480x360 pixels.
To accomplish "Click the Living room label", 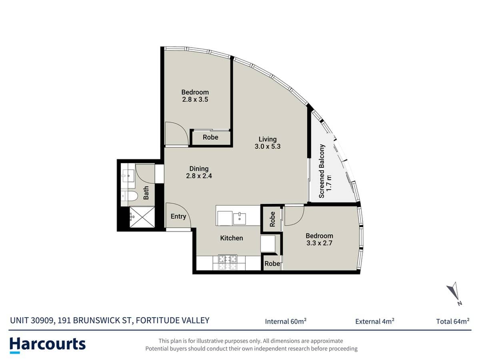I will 268,139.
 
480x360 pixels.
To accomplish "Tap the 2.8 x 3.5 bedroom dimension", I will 195,100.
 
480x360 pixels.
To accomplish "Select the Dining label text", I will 199,169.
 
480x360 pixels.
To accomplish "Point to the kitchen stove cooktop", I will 227,262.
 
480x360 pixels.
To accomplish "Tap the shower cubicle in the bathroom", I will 141,217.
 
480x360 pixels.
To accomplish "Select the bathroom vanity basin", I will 128,174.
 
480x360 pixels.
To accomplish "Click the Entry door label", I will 178,216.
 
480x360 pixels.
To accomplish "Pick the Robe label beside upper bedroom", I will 210,137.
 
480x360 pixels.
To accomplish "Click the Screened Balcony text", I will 322,171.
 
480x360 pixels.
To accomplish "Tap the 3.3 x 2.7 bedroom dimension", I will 319,243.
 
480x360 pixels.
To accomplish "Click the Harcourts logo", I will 47,344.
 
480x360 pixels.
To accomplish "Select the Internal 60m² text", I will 286,321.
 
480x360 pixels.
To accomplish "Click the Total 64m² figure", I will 453,321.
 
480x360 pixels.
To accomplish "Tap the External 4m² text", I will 375,321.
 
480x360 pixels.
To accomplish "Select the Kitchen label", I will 232,238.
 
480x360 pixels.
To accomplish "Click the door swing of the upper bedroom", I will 176,134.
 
